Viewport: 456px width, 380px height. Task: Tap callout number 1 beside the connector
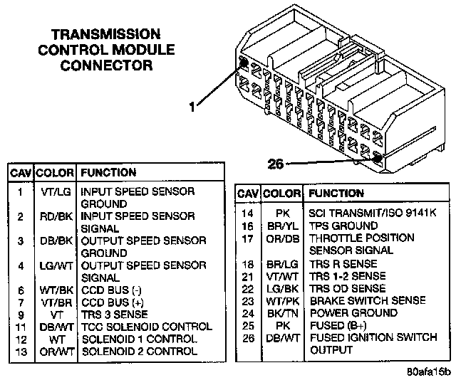(x=191, y=107)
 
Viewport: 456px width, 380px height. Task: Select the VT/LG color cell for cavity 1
(x=54, y=192)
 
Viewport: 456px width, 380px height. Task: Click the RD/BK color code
(x=54, y=216)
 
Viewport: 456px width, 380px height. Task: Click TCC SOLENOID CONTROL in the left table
(x=146, y=327)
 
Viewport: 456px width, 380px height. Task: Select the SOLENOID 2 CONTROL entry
(x=139, y=351)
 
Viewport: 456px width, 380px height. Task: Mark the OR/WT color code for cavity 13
(x=54, y=351)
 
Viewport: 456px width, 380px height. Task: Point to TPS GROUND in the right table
(x=343, y=225)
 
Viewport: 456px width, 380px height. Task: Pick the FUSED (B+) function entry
(x=337, y=325)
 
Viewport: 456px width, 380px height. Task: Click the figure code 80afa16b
(x=430, y=372)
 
